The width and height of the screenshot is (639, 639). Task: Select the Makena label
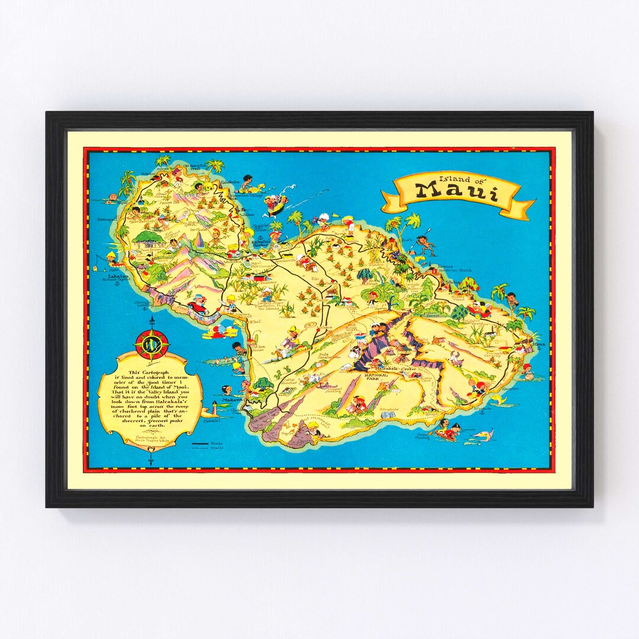coord(232,400)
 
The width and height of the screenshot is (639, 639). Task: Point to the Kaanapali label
coord(107,221)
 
